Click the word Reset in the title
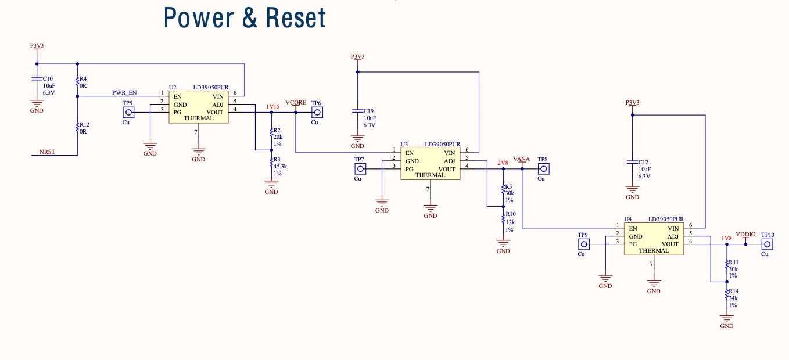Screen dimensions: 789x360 click(296, 17)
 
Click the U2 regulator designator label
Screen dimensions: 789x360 click(173, 87)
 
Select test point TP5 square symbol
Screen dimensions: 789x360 click(128, 113)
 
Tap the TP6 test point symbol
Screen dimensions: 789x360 click(317, 113)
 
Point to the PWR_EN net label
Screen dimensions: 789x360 click(124, 92)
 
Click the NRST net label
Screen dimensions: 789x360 click(47, 152)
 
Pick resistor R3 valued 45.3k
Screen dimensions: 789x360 click(271, 162)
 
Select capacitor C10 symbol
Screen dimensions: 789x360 click(37, 78)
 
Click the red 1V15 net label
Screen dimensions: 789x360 click(272, 106)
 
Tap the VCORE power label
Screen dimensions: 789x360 click(296, 102)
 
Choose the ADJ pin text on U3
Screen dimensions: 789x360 click(450, 161)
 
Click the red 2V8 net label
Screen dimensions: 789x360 click(503, 163)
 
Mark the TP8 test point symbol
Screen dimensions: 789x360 click(543, 169)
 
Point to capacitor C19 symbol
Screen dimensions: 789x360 click(357, 111)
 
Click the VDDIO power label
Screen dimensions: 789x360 click(745, 235)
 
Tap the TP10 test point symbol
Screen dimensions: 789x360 click(767, 244)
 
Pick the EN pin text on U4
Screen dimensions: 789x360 click(633, 228)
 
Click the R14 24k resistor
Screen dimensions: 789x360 click(727, 295)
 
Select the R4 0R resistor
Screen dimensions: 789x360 click(77, 82)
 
